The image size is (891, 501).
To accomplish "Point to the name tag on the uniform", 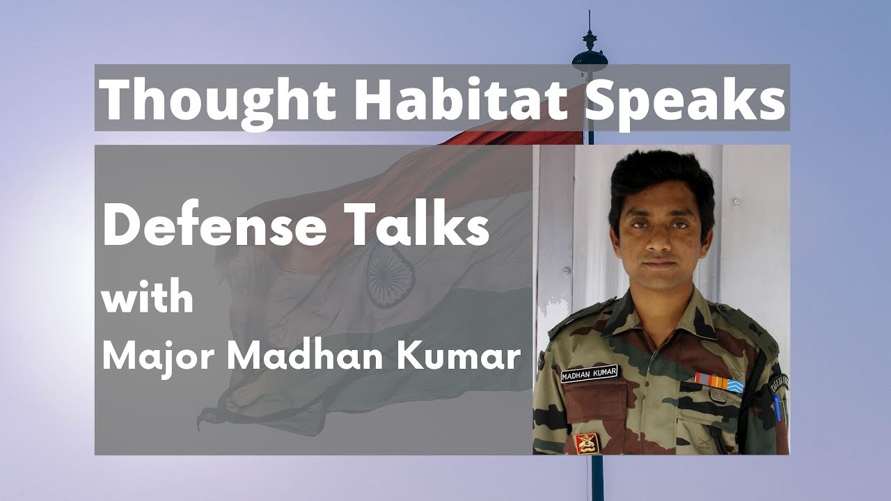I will tap(590, 376).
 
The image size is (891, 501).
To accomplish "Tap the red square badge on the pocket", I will tap(586, 441).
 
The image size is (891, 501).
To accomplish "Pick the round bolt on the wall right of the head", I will tap(736, 202).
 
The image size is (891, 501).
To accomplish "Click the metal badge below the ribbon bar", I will tap(716, 396).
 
